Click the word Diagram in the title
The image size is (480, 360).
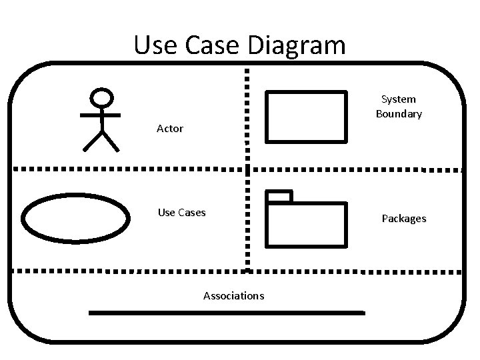pos(301,45)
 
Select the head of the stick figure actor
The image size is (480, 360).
pos(101,98)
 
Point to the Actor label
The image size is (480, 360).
pos(169,128)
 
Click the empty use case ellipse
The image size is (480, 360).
pos(75,217)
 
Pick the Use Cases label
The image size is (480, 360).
pos(181,213)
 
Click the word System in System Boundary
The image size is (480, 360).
pos(398,99)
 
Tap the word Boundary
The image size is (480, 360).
pos(399,113)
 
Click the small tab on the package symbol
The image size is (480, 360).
pos(279,196)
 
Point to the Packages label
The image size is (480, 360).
pos(404,218)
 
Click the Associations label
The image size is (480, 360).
pos(233,295)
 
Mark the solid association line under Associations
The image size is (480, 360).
pos(227,312)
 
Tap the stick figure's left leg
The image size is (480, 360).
pos(91,142)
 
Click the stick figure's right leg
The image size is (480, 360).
pos(111,142)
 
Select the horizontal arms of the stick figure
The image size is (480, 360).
pos(101,115)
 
